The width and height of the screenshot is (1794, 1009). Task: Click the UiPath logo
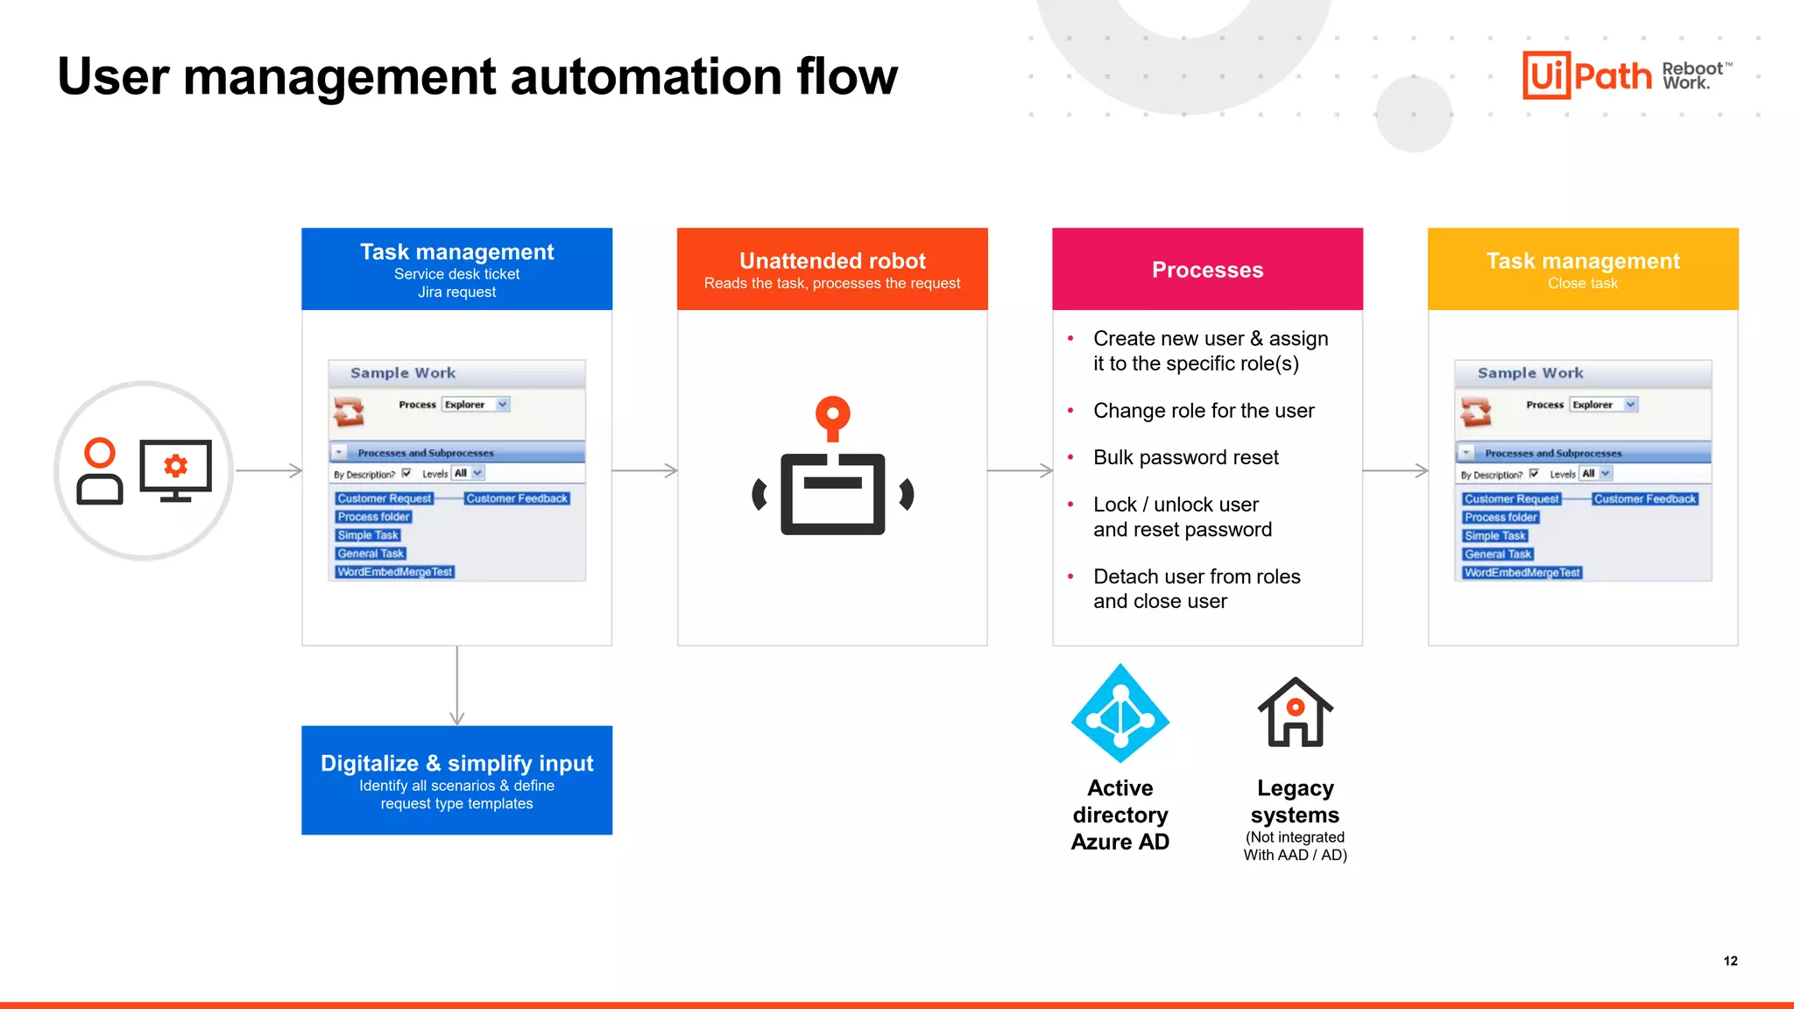1586,75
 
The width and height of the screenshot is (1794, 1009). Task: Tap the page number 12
1730,961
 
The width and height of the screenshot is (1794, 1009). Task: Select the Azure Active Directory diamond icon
1119,714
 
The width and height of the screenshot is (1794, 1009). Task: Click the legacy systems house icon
1295,712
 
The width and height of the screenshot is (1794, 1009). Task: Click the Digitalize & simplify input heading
456,763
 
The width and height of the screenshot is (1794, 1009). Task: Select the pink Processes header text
1207,270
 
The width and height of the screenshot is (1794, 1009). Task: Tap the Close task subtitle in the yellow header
1582,283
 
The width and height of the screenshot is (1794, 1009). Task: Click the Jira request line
456,293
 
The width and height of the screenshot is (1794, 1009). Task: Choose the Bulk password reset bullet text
1185,457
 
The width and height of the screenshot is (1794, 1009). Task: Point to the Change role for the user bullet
1203,411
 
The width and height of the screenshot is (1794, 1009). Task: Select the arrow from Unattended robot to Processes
1020,470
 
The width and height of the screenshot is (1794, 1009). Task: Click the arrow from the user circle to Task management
268,470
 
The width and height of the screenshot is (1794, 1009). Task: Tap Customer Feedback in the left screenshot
517,498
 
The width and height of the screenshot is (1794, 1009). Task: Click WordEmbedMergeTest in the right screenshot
1522,573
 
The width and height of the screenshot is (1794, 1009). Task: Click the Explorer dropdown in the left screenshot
476,405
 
